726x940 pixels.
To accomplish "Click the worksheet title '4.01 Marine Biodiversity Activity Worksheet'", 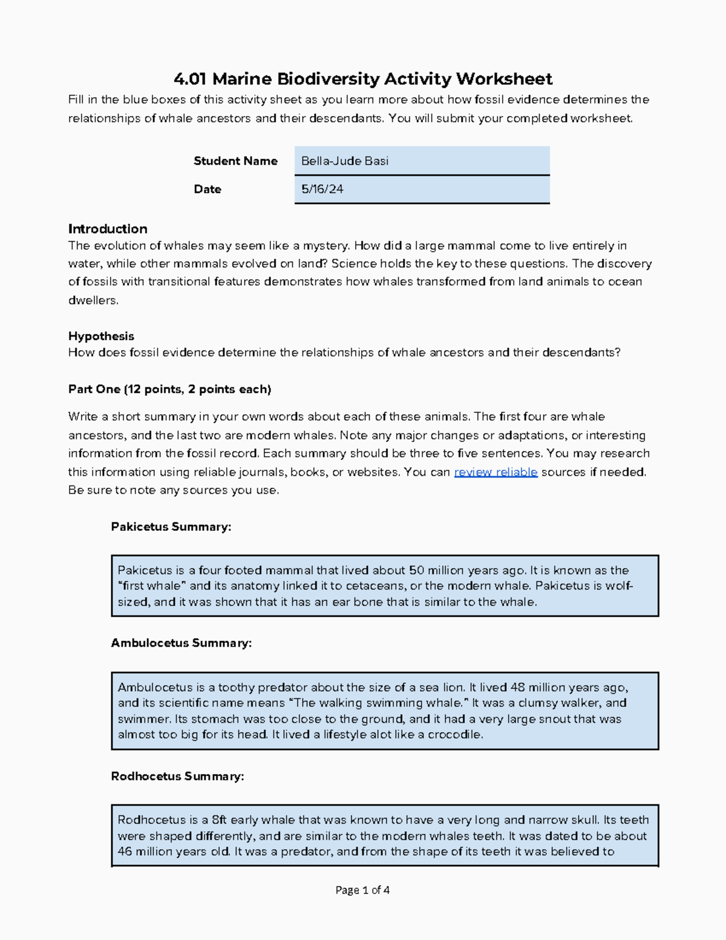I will [x=362, y=79].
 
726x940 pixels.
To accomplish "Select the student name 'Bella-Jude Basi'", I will [x=345, y=161].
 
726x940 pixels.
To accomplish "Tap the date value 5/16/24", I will [x=322, y=189].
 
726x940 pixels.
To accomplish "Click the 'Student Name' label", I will [x=235, y=161].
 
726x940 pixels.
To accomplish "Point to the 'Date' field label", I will [x=207, y=189].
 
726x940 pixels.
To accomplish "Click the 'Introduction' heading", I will [x=108, y=229].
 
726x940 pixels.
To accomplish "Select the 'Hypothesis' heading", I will [x=101, y=336].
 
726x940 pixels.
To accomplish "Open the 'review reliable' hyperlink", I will [x=495, y=472].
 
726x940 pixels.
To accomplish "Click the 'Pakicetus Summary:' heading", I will [x=171, y=527].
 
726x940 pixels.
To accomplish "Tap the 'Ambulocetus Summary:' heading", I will [x=181, y=643].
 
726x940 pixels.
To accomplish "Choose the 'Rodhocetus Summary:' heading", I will [x=177, y=776].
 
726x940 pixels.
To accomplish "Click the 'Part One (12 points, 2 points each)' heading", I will [x=169, y=389].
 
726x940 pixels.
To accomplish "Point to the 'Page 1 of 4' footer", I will [x=362, y=890].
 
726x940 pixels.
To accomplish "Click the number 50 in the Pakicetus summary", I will [x=416, y=570].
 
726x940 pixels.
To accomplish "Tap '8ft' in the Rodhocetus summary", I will [x=219, y=820].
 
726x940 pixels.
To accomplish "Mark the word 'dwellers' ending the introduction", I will [x=93, y=300].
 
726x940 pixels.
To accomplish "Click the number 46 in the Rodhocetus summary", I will [x=125, y=852].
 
